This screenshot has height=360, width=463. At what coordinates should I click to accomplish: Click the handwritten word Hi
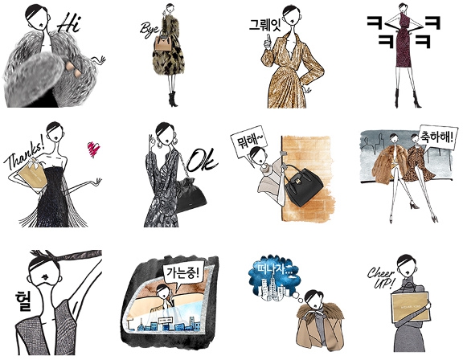[69, 22]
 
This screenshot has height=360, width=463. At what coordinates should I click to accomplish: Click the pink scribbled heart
[93, 149]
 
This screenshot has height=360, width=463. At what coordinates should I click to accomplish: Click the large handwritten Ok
[203, 161]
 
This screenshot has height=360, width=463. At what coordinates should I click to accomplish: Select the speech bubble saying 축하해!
[437, 137]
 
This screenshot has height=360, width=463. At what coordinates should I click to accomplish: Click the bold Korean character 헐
[23, 301]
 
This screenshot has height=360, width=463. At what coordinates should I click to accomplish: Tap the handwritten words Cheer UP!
[381, 278]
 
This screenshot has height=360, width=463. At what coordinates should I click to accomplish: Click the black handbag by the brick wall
[304, 186]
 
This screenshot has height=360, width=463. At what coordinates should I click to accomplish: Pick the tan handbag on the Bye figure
[163, 43]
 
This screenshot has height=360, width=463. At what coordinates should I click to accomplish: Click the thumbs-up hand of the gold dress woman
[268, 43]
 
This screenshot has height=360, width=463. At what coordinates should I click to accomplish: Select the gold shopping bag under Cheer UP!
[410, 307]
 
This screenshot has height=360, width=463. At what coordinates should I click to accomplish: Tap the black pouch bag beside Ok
[190, 194]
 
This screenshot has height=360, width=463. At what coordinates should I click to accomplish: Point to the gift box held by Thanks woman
[32, 173]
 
